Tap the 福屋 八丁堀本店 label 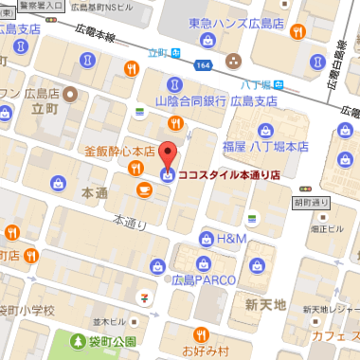point(266,147)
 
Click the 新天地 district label point(264,305)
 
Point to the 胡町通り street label point(312,202)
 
